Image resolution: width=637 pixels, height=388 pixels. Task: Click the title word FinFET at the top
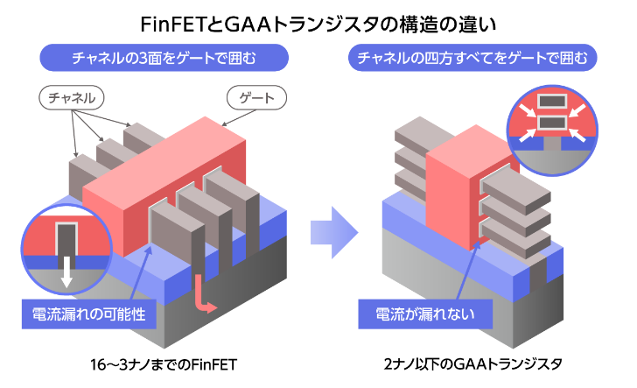174,20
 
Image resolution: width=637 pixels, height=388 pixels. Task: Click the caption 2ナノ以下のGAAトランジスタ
472,363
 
